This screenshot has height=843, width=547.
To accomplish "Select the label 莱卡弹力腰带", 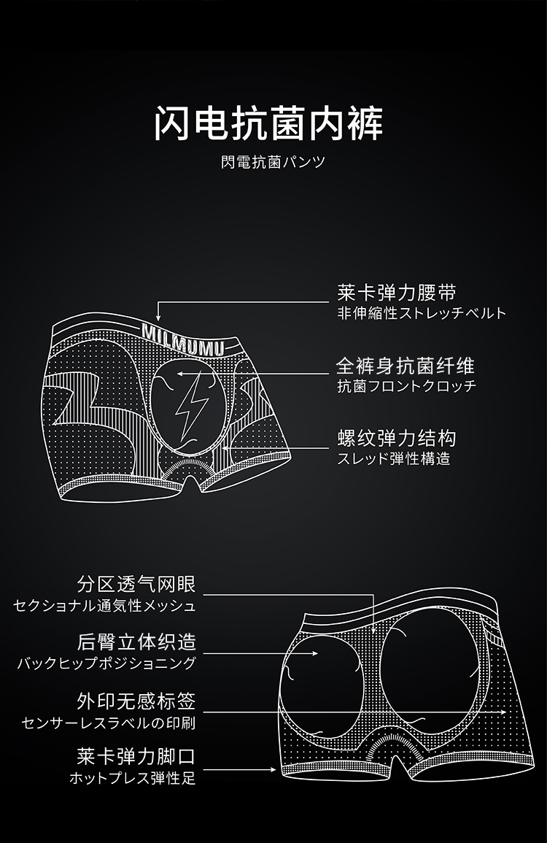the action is [397, 293].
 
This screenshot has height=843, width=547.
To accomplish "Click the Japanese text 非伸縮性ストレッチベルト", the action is [421, 314].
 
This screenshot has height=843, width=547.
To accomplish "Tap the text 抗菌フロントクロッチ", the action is [406, 386].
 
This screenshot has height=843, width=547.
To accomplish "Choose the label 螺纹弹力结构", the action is [397, 438].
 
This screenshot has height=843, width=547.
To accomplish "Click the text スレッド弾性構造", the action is [393, 459].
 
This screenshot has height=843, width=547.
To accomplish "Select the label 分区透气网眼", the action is [136, 584].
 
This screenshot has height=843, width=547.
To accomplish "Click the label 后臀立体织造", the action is [136, 642].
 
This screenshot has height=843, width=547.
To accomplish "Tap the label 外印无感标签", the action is [136, 702].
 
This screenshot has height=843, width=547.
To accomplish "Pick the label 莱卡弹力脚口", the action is [136, 756].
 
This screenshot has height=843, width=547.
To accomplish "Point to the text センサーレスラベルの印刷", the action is [109, 723].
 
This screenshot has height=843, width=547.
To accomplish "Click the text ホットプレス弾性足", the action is [132, 778].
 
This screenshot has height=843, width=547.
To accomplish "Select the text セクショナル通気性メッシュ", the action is [104, 606].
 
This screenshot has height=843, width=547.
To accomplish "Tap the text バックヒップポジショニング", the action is [106, 663].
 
